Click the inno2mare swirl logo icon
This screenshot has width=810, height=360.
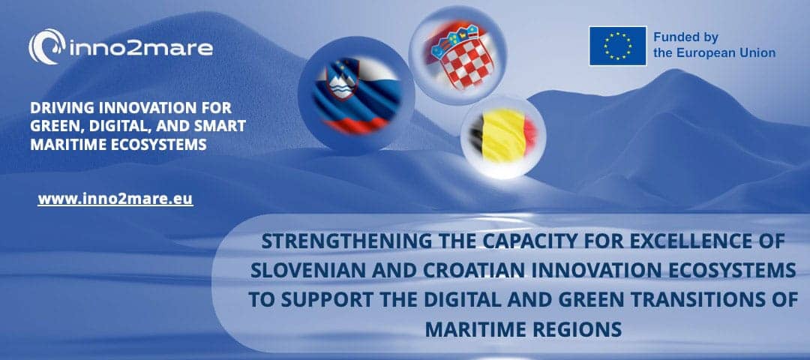point(47,46)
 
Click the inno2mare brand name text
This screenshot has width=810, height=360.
point(140,48)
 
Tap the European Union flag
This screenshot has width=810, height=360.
point(618,46)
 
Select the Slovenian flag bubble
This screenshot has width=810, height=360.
point(356,95)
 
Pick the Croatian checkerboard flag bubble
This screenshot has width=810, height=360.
point(457,55)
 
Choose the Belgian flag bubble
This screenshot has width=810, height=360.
point(503,136)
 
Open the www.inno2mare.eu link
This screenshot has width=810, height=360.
point(115,199)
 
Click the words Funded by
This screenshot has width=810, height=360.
point(685,37)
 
